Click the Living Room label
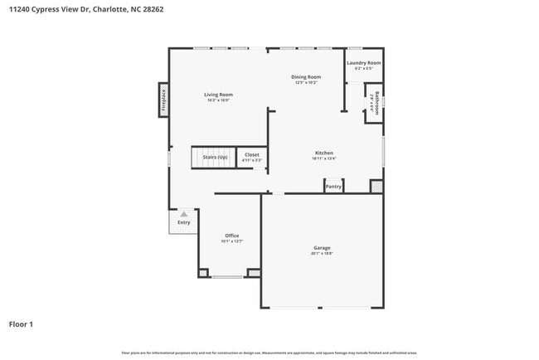[x=219, y=95]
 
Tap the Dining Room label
[x=306, y=77]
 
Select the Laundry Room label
[x=364, y=63]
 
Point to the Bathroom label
[x=376, y=104]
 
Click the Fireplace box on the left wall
[x=163, y=100]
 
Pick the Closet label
[x=251, y=154]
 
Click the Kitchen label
[x=323, y=153]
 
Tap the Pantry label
[x=333, y=187]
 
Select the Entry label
[x=183, y=222]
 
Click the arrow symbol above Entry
[x=183, y=214]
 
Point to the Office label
[x=231, y=236]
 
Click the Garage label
[x=322, y=248]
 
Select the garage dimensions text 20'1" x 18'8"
[x=322, y=253]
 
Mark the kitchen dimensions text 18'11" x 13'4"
[x=323, y=158]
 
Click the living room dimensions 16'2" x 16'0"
[x=219, y=100]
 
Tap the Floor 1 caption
[x=22, y=324]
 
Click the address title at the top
[x=74, y=11]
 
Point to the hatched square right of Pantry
[x=376, y=187]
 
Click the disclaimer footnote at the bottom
[x=269, y=353]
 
